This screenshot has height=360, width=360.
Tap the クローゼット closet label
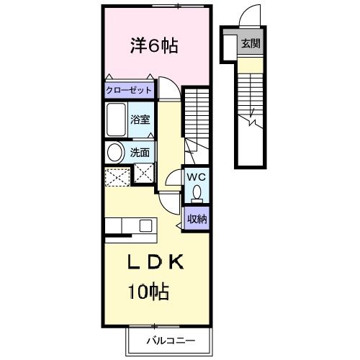click(130, 91)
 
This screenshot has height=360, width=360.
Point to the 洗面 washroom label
click(140, 153)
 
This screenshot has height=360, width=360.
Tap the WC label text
click(196, 176)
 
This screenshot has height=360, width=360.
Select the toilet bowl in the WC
click(196, 192)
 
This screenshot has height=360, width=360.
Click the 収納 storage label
click(197, 219)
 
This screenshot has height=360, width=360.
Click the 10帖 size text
click(149, 292)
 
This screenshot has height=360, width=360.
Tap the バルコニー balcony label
click(171, 339)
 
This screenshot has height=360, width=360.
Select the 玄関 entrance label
click(251, 44)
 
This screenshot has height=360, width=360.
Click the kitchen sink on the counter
click(145, 225)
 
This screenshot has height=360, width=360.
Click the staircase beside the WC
click(195, 115)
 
